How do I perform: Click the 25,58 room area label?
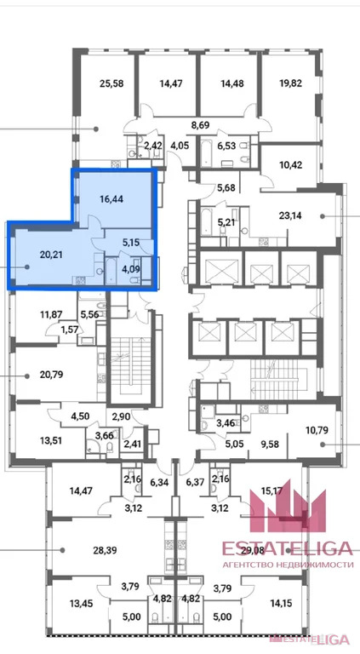click(x=111, y=83)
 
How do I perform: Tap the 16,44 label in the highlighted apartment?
click(x=111, y=198)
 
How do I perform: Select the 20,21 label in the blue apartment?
click(x=51, y=254)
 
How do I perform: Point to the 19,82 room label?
click(x=290, y=83)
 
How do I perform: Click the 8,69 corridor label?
click(x=199, y=123)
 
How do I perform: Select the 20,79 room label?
click(x=51, y=375)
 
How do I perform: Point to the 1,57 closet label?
click(x=69, y=330)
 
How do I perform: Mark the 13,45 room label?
click(x=82, y=603)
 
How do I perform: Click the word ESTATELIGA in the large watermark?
click(x=287, y=548)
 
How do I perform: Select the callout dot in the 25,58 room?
click(x=96, y=129)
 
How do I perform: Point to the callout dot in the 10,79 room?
click(x=322, y=445)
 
